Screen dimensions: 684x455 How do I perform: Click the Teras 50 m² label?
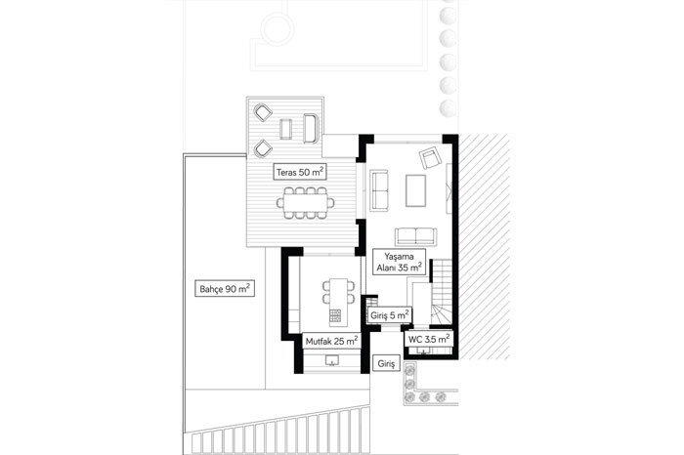pos(300,172)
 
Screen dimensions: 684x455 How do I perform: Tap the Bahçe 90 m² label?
pos(225,288)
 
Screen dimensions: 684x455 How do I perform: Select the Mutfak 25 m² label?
pos(331,341)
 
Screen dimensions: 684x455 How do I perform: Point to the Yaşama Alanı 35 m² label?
pos(399,262)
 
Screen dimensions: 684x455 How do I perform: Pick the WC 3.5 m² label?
pos(429,339)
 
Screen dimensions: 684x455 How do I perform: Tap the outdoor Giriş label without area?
pos(386,363)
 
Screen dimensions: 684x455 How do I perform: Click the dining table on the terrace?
pos(306,203)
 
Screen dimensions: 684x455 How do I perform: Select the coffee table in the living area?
pos(415,190)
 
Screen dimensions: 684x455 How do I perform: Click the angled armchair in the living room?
pos(430,158)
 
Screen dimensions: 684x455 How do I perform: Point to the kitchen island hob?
pos(335,315)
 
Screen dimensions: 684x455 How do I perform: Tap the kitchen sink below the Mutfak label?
pos(332,360)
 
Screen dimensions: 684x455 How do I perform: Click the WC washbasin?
pos(423,351)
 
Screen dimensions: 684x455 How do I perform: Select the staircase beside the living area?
pos(442,292)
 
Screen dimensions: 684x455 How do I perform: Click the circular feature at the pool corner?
pos(277,29)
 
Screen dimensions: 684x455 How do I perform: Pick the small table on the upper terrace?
pos(285,129)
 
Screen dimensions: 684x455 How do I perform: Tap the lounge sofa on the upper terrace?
pos(312,128)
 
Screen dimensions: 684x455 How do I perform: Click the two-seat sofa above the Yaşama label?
pos(415,236)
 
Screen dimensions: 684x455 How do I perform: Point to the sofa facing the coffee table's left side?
pos(379,190)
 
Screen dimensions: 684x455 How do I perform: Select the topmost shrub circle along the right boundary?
pos(448,15)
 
